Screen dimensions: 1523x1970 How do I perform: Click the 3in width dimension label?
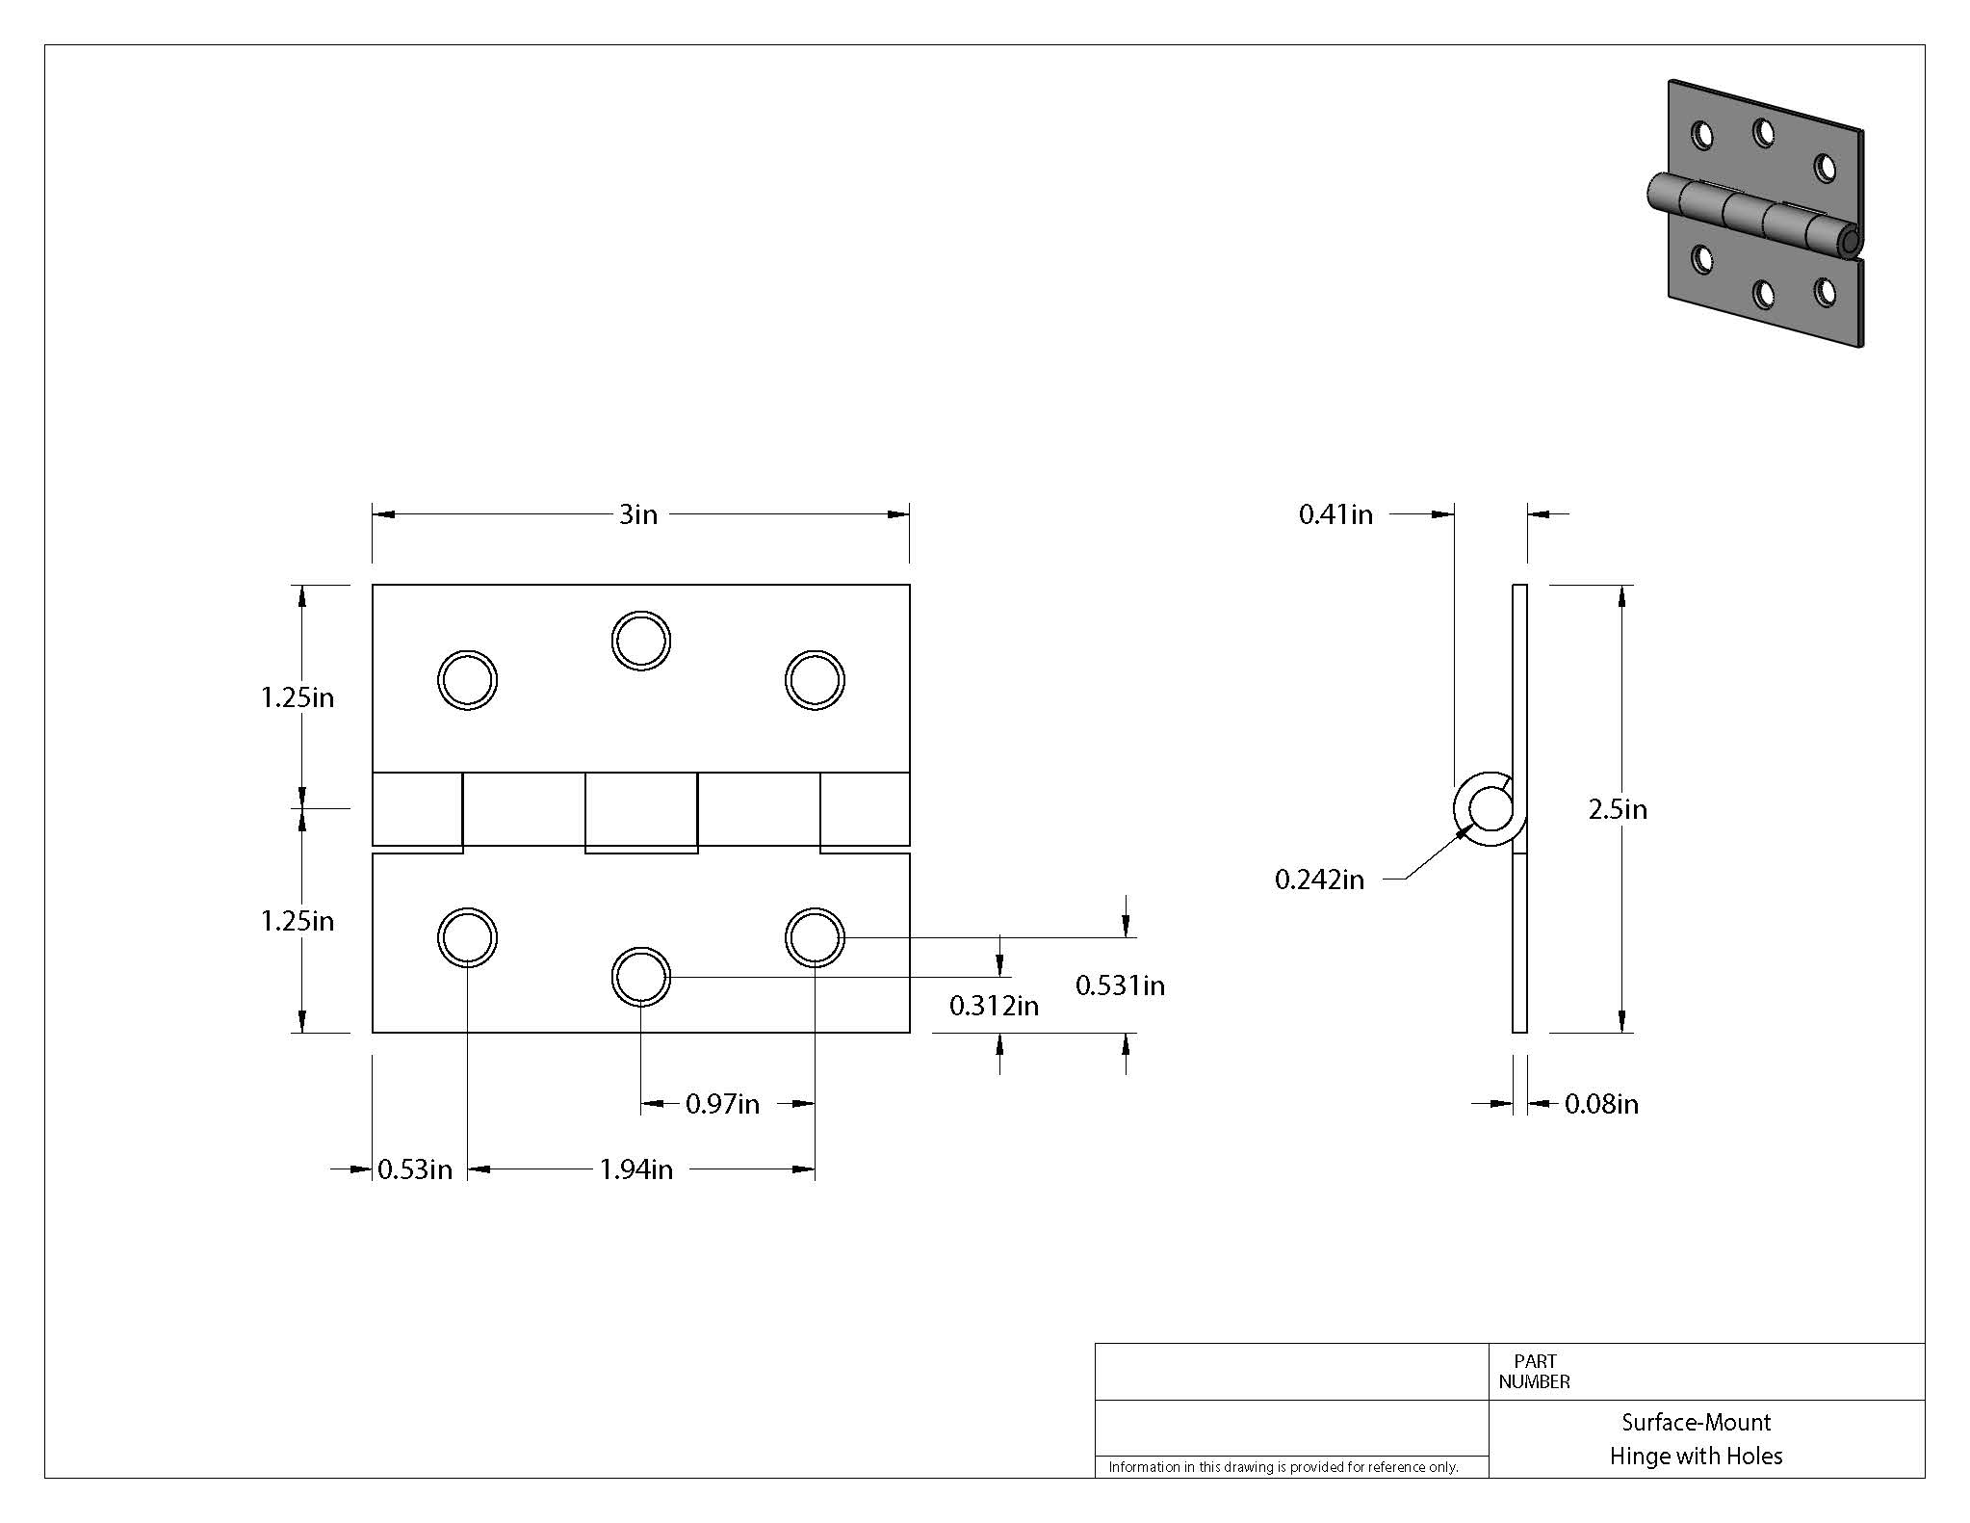coord(637,514)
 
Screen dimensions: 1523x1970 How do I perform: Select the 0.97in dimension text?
coord(722,1104)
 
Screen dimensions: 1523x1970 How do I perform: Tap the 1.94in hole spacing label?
coord(635,1169)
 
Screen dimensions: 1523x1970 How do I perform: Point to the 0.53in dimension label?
coord(414,1169)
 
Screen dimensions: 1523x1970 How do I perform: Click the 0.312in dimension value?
coord(994,1007)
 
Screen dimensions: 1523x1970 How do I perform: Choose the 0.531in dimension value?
coord(1120,985)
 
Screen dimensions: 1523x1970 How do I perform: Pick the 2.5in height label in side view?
coord(1618,809)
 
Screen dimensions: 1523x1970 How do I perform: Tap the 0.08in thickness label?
coord(1601,1104)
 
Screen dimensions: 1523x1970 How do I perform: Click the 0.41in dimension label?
coord(1335,514)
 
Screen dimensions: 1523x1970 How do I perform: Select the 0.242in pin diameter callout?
coord(1319,880)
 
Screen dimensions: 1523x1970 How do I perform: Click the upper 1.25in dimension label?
coord(298,697)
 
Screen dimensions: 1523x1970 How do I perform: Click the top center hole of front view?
coord(640,641)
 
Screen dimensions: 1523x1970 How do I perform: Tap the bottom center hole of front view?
coord(640,977)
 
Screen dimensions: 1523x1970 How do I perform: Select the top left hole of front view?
coord(467,680)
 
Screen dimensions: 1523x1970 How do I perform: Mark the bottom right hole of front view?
coord(815,936)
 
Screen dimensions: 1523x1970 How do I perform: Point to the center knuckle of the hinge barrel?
coord(641,811)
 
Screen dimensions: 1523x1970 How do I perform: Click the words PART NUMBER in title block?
coord(1534,1372)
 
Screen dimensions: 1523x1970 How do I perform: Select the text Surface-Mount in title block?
coord(1696,1422)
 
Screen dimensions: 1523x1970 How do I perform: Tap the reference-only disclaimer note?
coord(1283,1467)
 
